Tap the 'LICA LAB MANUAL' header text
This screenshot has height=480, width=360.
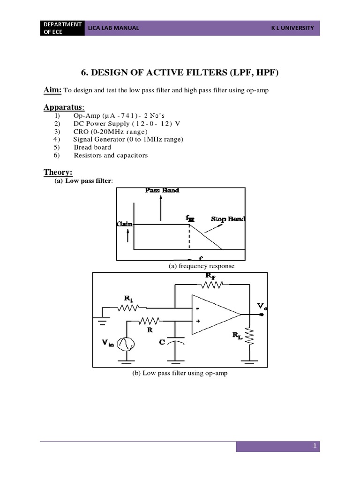114,28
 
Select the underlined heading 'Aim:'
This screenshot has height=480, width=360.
53,90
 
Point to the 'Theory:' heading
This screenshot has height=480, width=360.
58,172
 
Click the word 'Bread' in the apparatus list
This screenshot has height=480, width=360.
83,147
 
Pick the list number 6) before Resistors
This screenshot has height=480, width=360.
57,155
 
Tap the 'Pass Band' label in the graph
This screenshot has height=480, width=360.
162,190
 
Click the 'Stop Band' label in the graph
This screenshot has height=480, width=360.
228,219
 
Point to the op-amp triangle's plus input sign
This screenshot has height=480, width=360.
198,322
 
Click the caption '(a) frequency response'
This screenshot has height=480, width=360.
202,266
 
